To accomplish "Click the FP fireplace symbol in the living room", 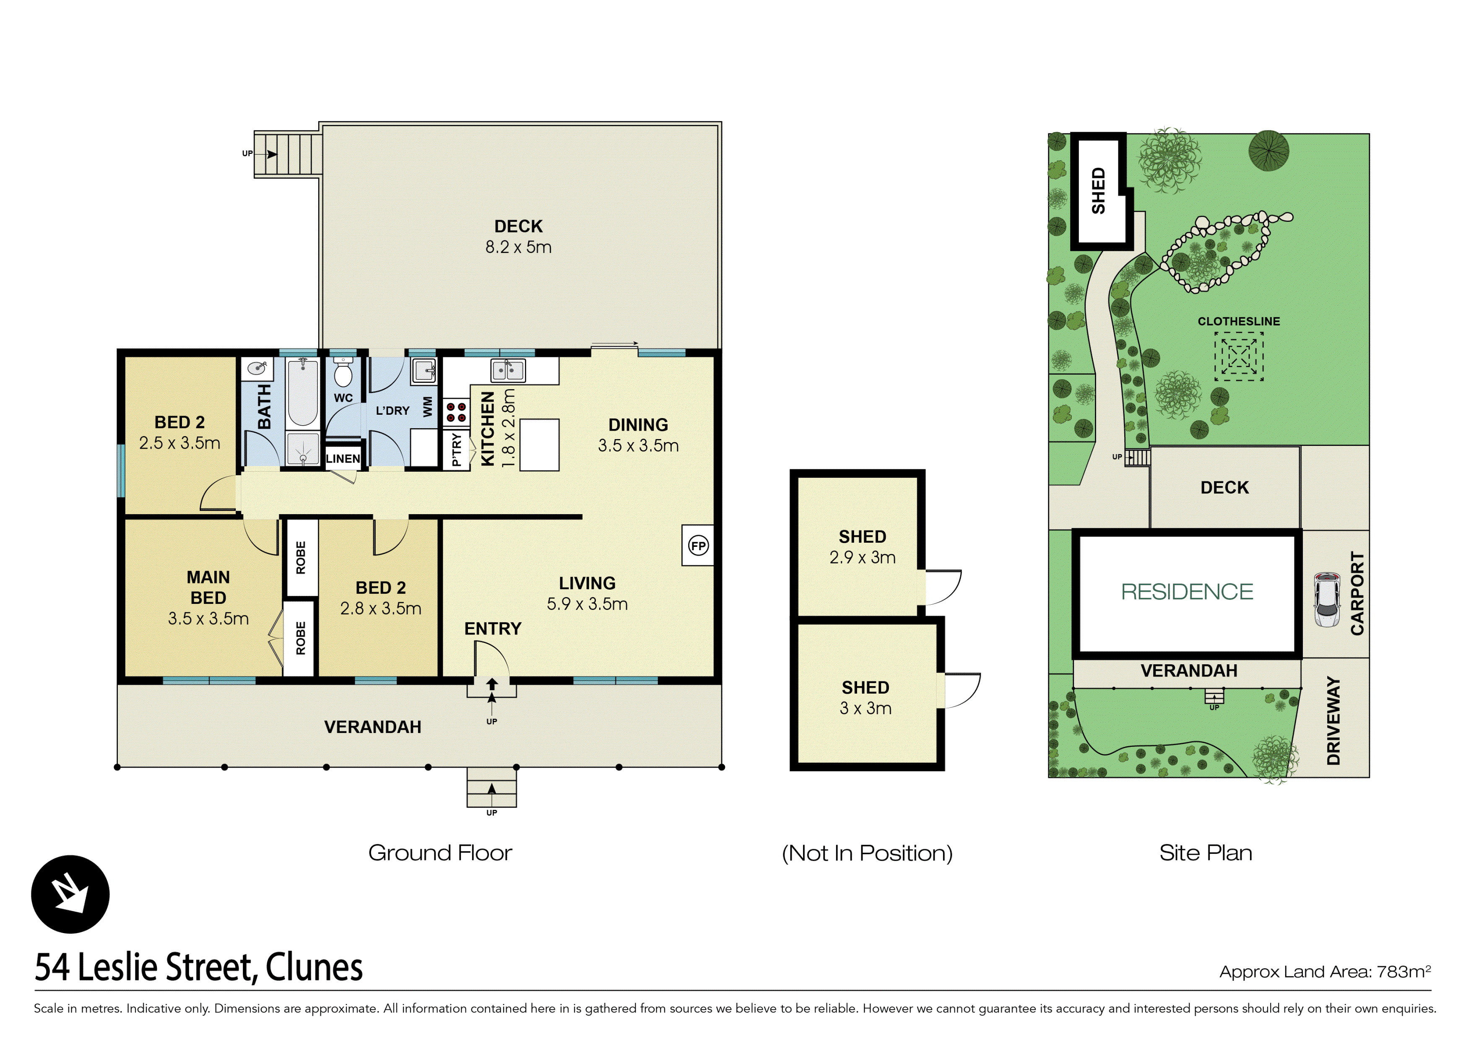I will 698,546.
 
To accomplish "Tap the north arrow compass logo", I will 70,894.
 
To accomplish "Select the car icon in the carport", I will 1326,600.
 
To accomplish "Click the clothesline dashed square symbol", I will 1238,356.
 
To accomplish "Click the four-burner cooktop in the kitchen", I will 456,412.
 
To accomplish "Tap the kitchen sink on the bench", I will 507,370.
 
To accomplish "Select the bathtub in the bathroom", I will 302,392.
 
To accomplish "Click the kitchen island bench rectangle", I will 539,445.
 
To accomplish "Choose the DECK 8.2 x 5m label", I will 518,237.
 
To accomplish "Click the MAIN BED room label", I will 208,587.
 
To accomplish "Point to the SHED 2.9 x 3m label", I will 863,546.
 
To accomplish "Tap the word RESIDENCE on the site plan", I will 1187,591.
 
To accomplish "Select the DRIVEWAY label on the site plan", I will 1334,720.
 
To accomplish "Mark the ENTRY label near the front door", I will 493,629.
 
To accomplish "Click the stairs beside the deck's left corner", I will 288,154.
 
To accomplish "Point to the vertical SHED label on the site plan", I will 1098,190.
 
